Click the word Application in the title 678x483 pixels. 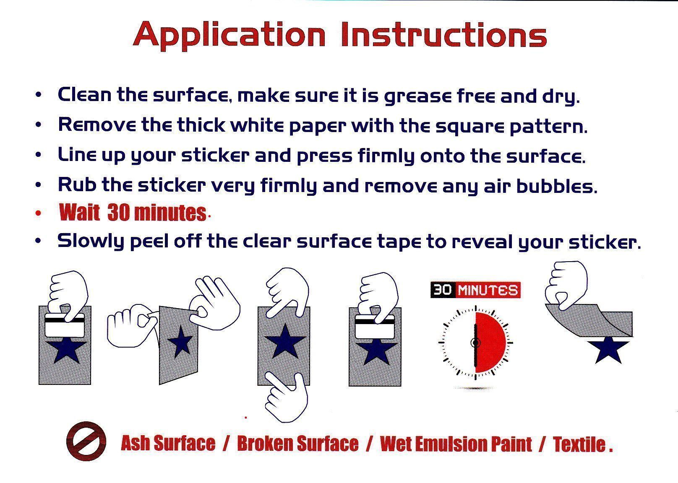[229, 36]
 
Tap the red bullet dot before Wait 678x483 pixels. [38, 213]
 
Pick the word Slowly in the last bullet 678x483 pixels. [91, 241]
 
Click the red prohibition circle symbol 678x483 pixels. [86, 441]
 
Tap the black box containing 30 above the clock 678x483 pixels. [443, 290]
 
